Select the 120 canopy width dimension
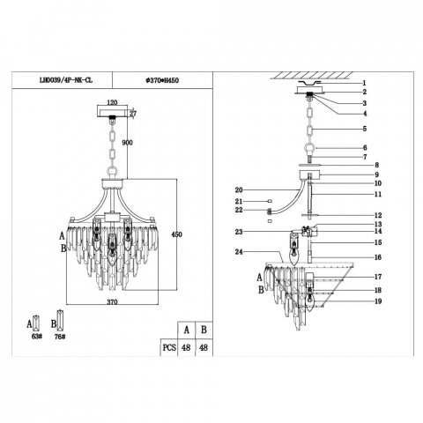(x=112, y=103)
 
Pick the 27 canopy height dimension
(x=133, y=113)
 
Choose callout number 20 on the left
(x=239, y=189)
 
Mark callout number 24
(x=239, y=252)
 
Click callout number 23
(x=239, y=232)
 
